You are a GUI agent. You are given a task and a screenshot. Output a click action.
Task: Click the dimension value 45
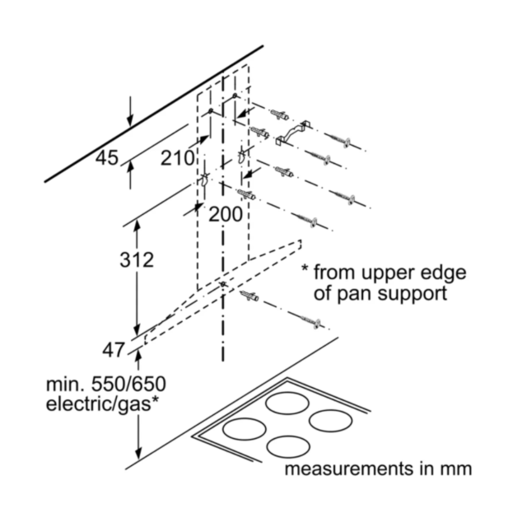(x=107, y=158)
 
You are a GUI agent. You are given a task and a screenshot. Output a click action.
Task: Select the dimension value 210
(x=178, y=158)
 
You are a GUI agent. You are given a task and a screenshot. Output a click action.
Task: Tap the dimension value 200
(x=226, y=214)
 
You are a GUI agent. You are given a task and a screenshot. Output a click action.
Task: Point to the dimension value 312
(x=137, y=260)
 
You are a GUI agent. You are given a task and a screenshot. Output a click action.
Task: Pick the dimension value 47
(x=114, y=350)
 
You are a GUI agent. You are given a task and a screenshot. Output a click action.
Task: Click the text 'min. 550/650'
(x=106, y=385)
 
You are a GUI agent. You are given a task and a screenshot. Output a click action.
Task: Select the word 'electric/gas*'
(x=102, y=403)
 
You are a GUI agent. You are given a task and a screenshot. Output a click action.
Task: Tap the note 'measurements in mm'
(x=378, y=469)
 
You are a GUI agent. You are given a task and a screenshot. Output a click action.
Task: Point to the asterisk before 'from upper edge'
(x=305, y=268)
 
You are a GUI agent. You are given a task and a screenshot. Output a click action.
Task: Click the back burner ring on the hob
(x=287, y=403)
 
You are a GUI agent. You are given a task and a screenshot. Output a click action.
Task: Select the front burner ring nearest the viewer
(x=288, y=447)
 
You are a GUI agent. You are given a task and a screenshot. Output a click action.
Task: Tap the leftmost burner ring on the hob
(x=245, y=429)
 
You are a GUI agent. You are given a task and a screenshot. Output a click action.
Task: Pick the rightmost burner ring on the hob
(x=331, y=421)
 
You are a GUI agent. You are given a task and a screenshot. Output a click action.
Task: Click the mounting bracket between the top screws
(x=293, y=133)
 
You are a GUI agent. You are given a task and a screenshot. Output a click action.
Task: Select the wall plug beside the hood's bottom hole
(x=250, y=296)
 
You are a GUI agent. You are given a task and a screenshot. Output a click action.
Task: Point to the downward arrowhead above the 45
(x=130, y=120)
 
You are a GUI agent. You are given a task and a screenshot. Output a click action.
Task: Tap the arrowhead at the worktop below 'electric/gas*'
(x=138, y=454)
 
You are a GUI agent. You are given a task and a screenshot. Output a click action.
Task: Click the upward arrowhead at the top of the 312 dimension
(x=137, y=225)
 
